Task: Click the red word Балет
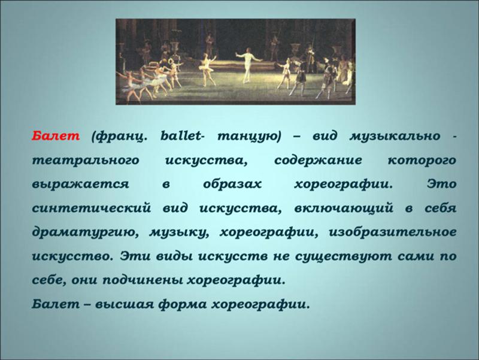click(x=56, y=136)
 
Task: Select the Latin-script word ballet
click(x=181, y=136)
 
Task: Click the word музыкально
click(x=395, y=136)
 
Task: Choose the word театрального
click(x=86, y=161)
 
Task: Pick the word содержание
click(x=318, y=161)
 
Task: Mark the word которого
click(x=422, y=161)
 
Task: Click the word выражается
click(x=81, y=184)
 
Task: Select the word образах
click(x=232, y=184)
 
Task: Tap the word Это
click(x=442, y=184)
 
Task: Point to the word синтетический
click(x=92, y=208)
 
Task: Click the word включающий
click(x=344, y=208)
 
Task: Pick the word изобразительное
click(x=393, y=232)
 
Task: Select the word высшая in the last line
click(x=125, y=304)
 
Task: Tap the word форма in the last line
click(x=183, y=305)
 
